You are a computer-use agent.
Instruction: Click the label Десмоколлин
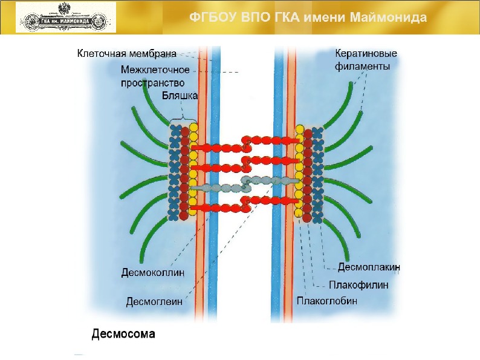tap(153, 273)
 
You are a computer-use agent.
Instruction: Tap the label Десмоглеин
tap(154, 300)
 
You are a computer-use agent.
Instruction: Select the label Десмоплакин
tap(369, 266)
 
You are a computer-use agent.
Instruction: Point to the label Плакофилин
tap(358, 284)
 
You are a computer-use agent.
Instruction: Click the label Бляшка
tap(180, 95)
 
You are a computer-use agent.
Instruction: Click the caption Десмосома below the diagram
tap(123, 333)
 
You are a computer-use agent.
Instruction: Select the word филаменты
tap(362, 67)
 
